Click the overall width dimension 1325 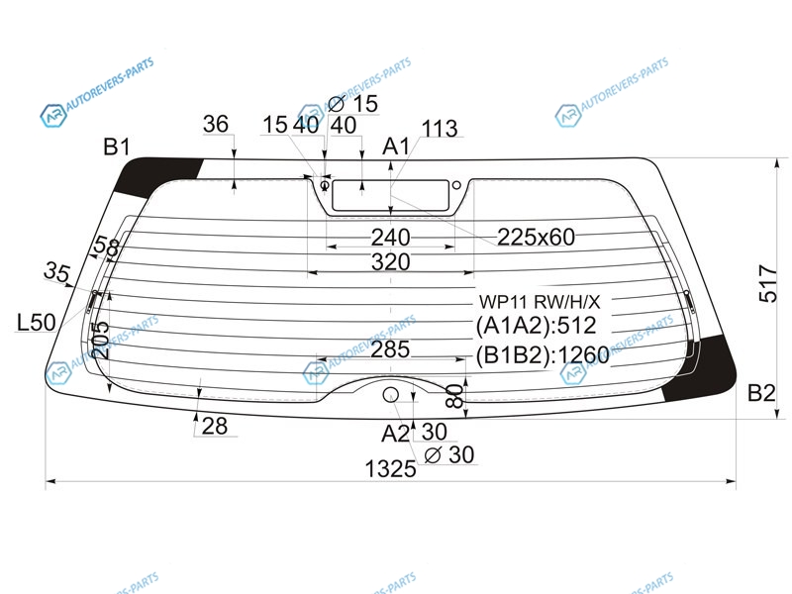tap(390, 469)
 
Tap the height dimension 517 tap(768, 283)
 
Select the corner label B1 tap(117, 147)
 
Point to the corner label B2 tap(761, 392)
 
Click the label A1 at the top tap(397, 147)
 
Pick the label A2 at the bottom tap(395, 434)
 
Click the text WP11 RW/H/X tap(540, 302)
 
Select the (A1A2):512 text tap(537, 326)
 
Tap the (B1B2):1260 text tap(543, 355)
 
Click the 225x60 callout tap(536, 237)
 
